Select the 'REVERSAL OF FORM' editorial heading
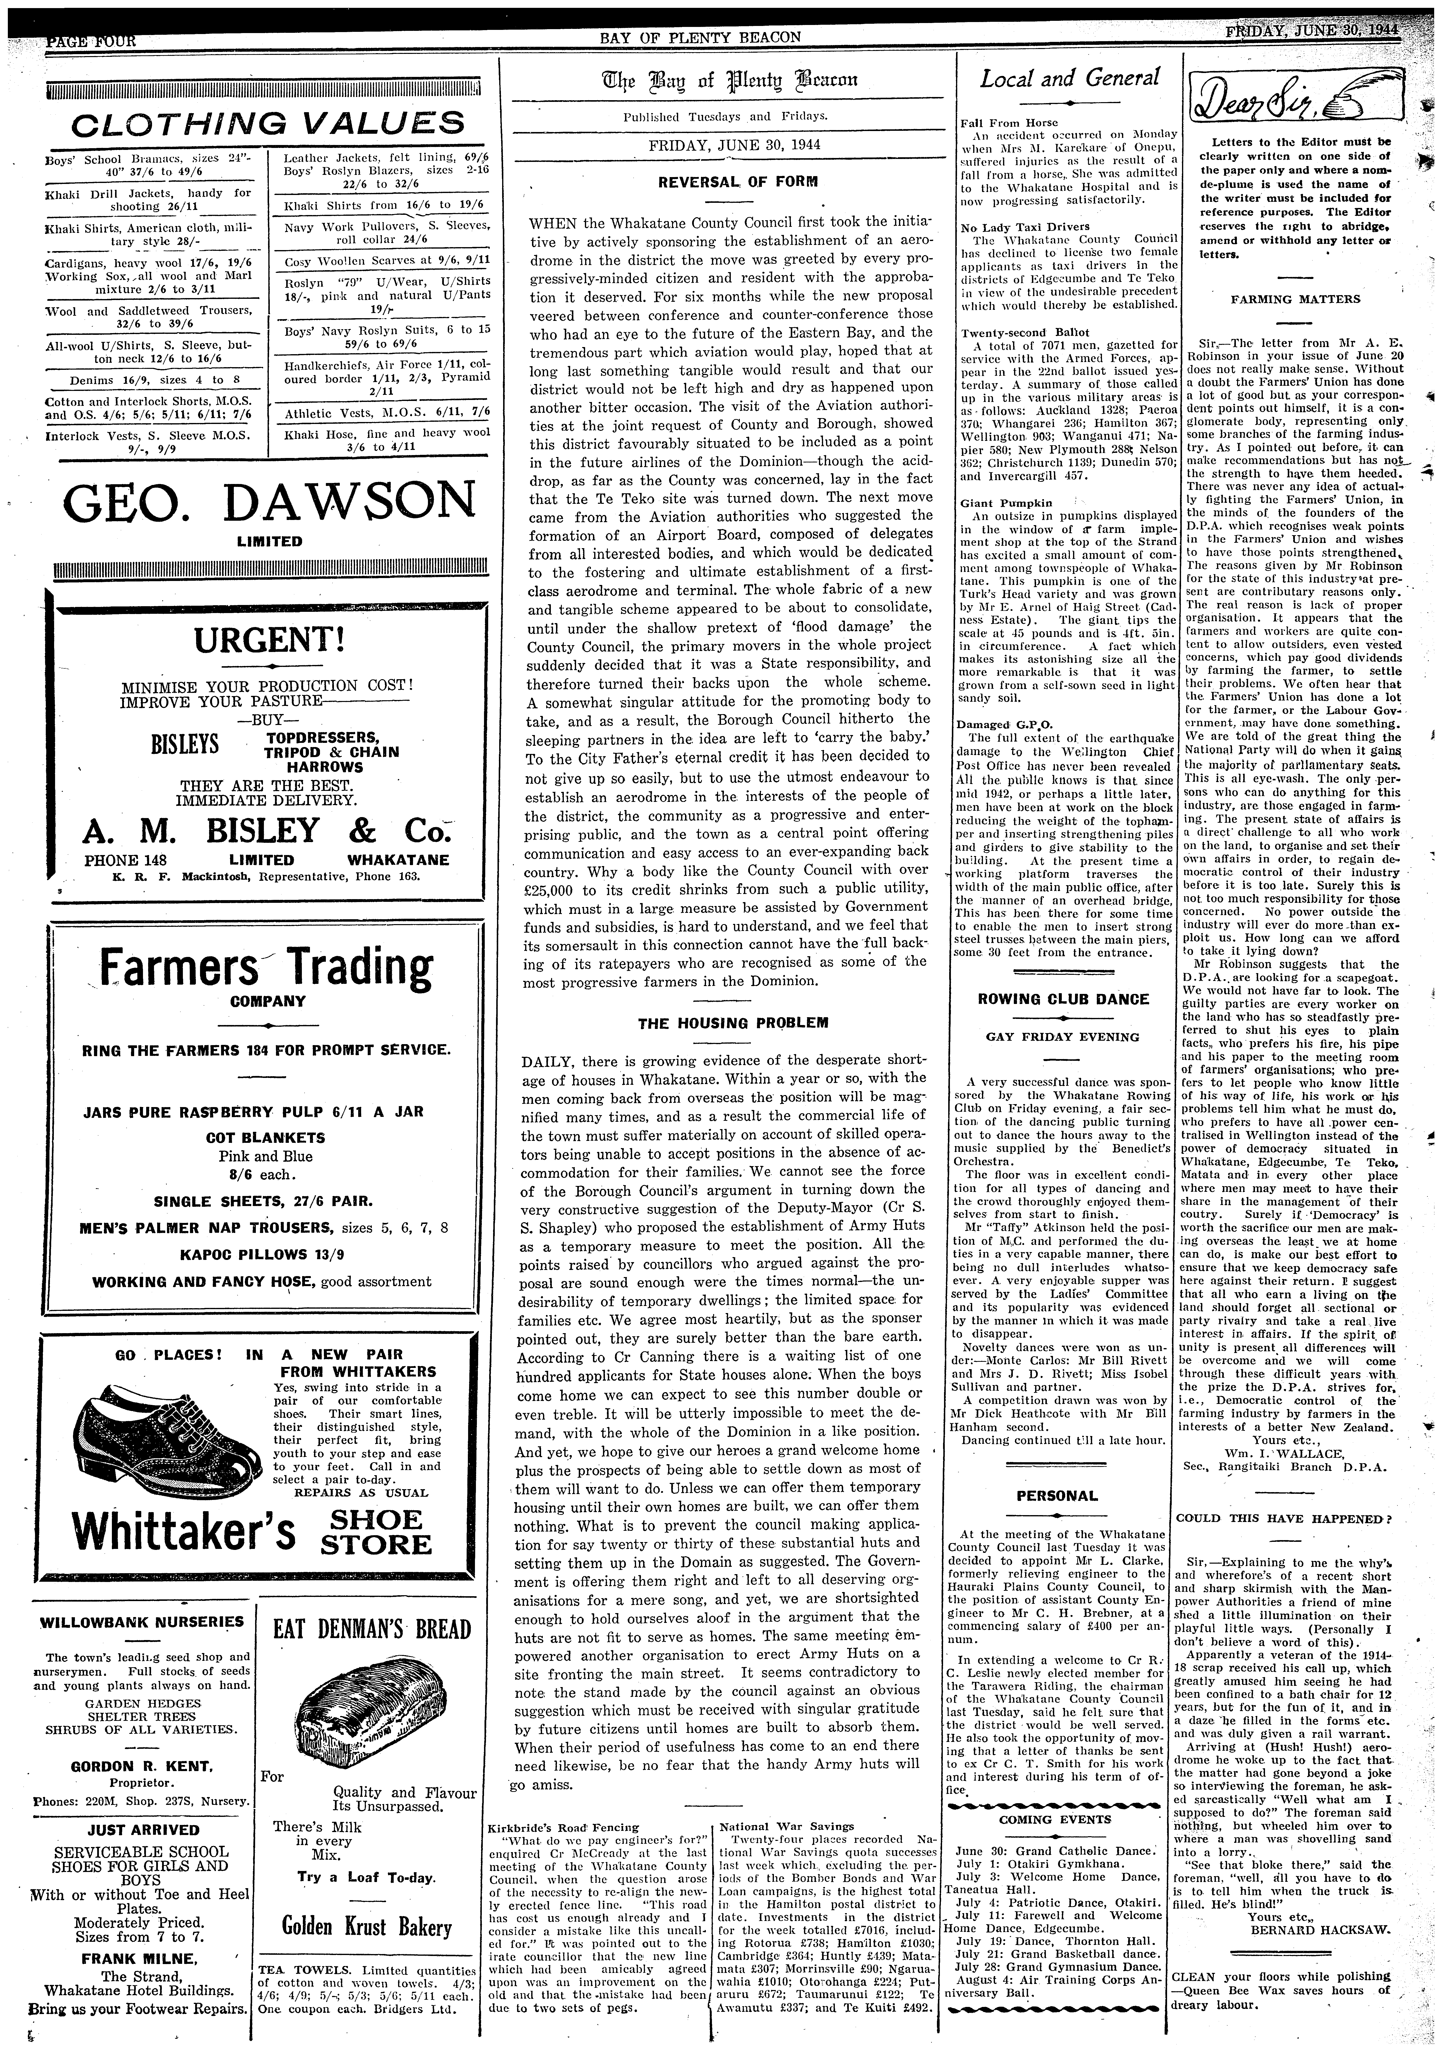[726, 182]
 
